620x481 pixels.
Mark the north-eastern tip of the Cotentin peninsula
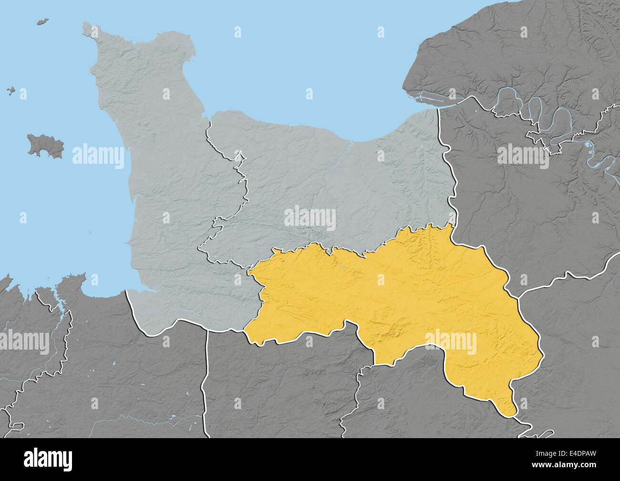coord(193,45)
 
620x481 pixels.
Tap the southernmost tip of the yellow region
coord(512,415)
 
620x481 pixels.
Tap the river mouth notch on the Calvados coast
coord(351,141)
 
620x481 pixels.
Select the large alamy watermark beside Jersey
coord(98,156)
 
